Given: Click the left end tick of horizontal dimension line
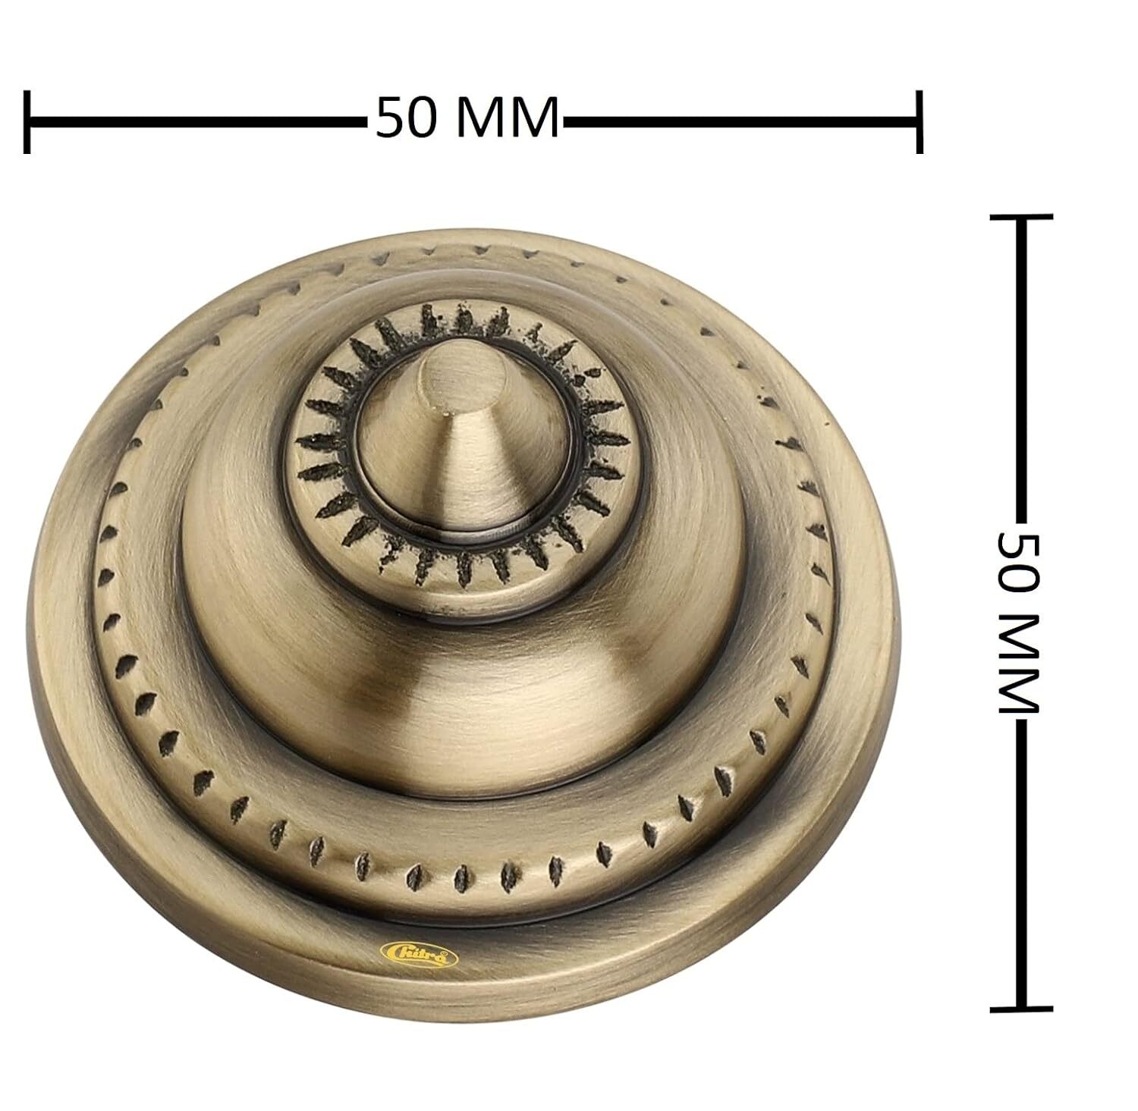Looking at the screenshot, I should coord(27,121).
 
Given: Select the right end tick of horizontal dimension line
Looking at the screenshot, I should coord(919,121).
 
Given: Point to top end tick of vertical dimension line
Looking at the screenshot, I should coord(1021,217).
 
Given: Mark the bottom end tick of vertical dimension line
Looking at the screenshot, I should coord(1021,1009).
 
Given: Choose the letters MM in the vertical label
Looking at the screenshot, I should coord(1018,664).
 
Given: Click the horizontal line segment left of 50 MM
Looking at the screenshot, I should coord(197,121).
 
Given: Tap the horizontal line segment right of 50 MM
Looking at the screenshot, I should coord(740,121).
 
